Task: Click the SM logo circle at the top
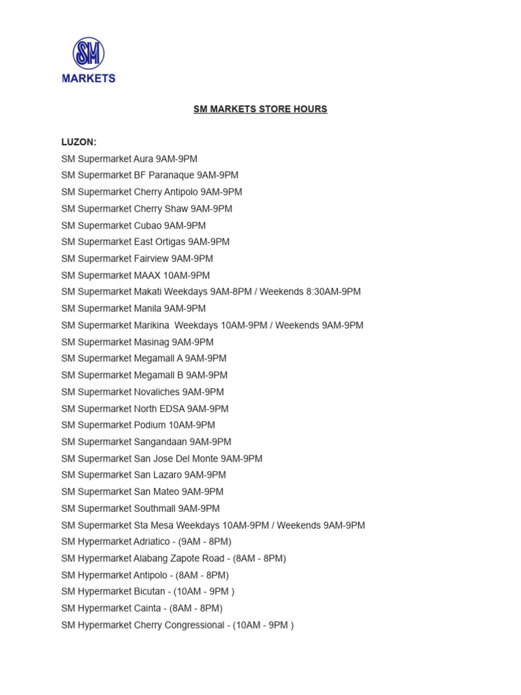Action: pyautogui.click(x=89, y=54)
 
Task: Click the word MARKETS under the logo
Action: pyautogui.click(x=89, y=78)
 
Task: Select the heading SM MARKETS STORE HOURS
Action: pyautogui.click(x=260, y=109)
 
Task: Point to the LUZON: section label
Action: pyautogui.click(x=79, y=142)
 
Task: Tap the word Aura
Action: pyautogui.click(x=143, y=159)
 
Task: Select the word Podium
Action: pyautogui.click(x=150, y=425)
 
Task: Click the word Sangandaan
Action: pyautogui.click(x=160, y=442)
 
